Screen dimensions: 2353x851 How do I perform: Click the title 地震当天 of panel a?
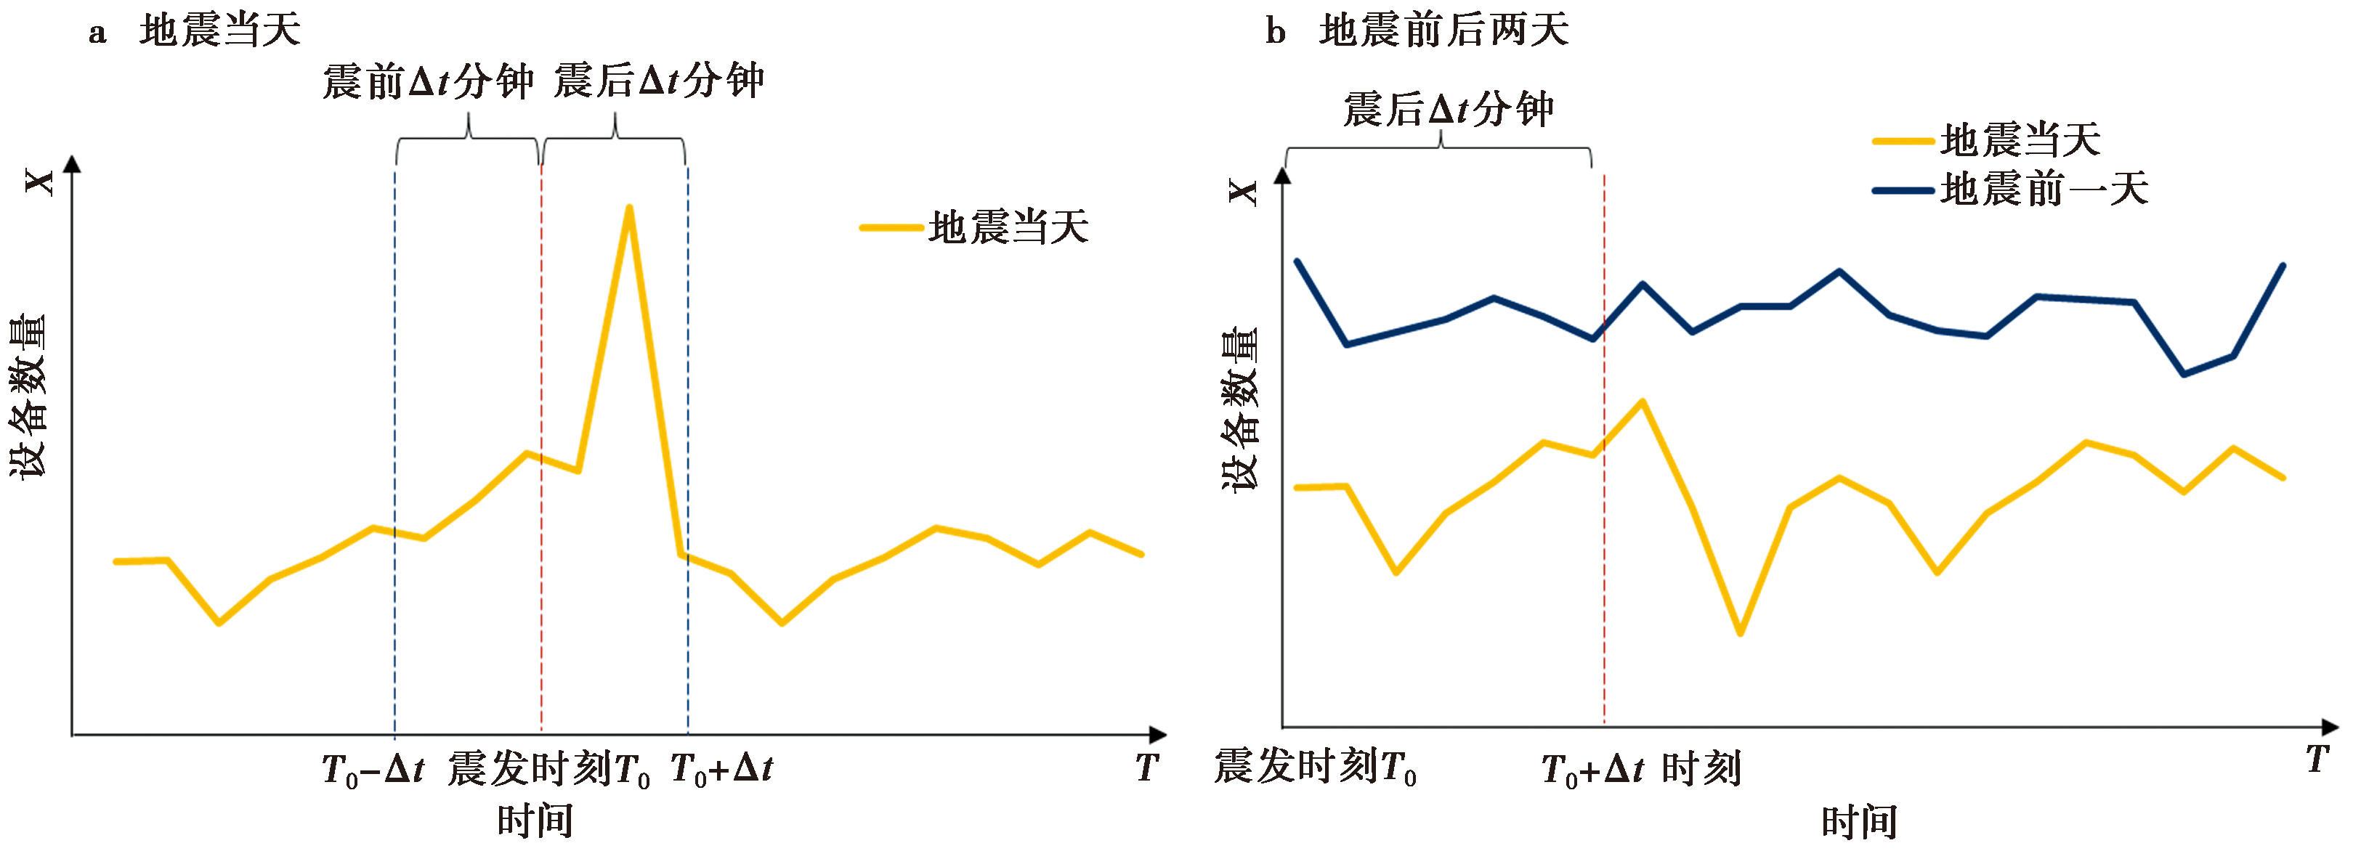click(x=220, y=31)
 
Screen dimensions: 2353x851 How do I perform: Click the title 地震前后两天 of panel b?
click(x=1444, y=31)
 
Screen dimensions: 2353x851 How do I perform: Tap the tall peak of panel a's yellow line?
click(x=628, y=208)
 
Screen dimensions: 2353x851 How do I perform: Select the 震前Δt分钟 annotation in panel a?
click(x=427, y=82)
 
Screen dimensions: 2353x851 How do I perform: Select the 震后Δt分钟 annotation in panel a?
click(x=659, y=81)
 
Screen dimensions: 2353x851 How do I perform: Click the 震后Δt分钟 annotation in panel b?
click(x=1448, y=110)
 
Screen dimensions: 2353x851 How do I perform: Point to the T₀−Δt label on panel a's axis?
click(x=373, y=769)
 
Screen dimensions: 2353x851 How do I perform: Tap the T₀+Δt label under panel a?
click(x=721, y=769)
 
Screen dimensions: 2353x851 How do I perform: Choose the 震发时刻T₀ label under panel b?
click(x=1316, y=767)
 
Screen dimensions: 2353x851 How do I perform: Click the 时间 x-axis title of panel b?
click(x=1860, y=822)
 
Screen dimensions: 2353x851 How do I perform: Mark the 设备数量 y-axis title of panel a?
click(x=28, y=396)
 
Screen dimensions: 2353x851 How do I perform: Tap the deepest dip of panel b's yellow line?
click(x=1740, y=632)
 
